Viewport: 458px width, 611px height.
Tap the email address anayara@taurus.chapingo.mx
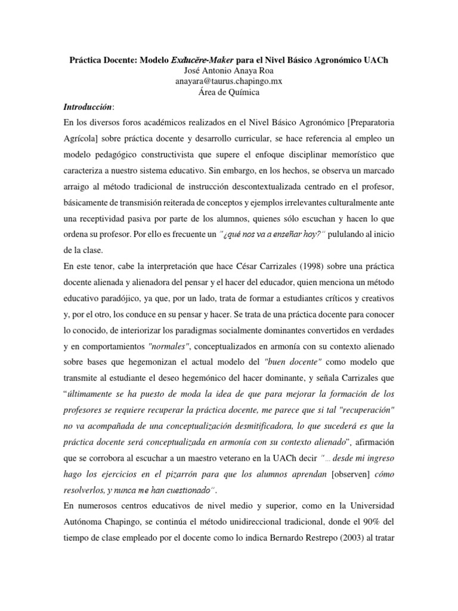(228, 82)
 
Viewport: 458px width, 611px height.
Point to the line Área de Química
(228, 92)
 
